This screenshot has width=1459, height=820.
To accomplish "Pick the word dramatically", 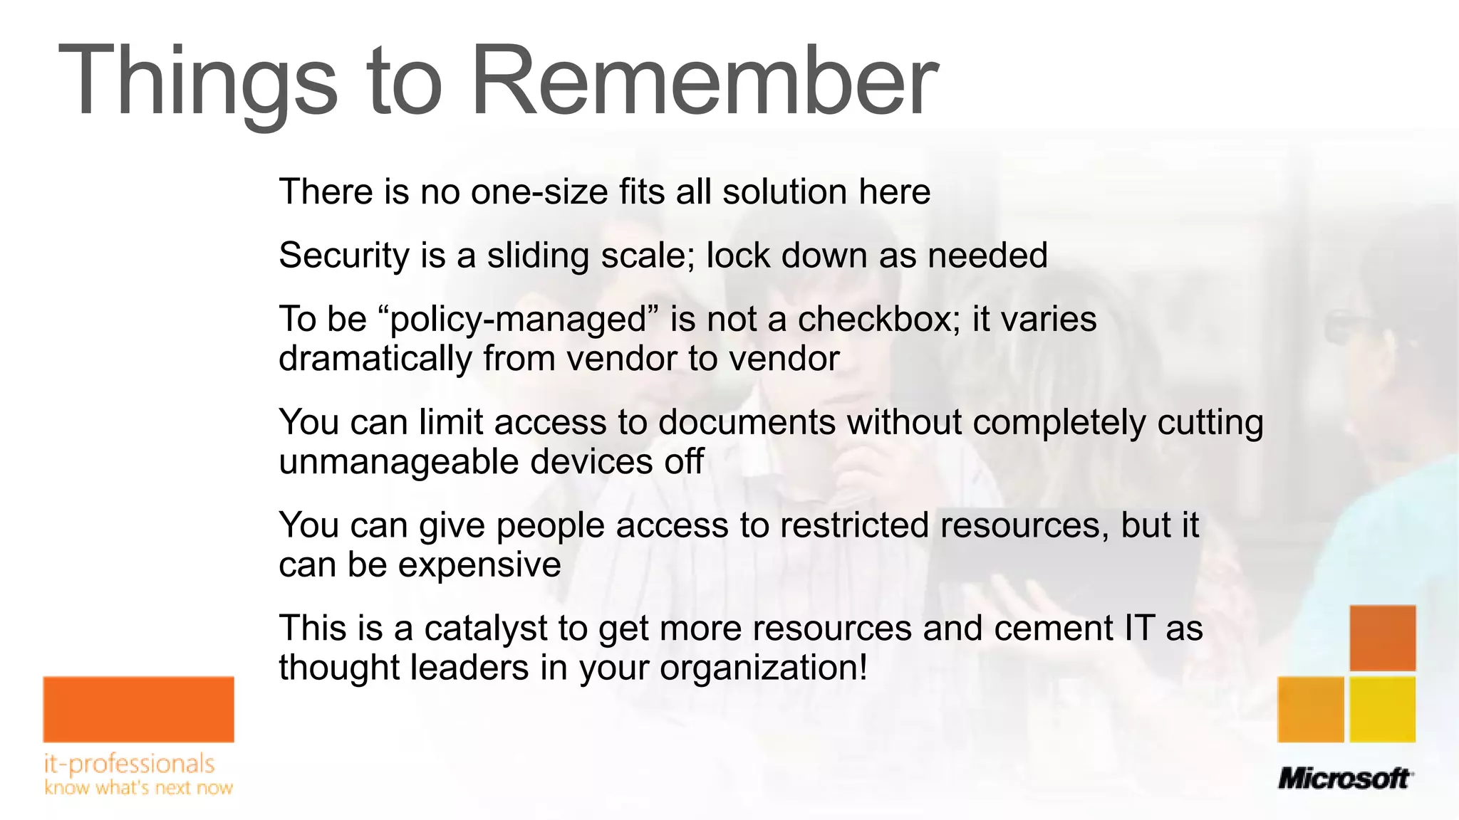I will coord(375,358).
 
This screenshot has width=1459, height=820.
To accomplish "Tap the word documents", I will coord(747,422).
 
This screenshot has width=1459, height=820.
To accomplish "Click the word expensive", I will coord(479,565).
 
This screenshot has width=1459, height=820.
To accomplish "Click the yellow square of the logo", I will coord(1382,710).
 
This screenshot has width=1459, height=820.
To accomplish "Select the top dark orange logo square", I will coord(1382,638).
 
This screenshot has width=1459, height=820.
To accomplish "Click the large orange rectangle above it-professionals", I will coord(138,709).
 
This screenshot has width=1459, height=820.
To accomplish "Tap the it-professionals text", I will coord(129,764).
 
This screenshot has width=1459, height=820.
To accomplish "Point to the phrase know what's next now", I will coord(138,788).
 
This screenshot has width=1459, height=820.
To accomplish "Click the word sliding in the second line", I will coord(537,256).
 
